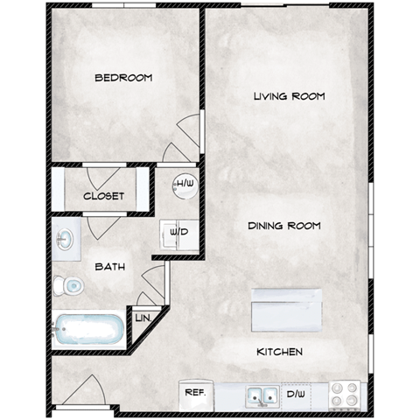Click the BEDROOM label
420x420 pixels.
point(123,78)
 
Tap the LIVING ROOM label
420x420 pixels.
point(290,96)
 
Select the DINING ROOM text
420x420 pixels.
point(283,226)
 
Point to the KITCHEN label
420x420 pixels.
point(280,352)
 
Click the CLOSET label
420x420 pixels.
point(104,196)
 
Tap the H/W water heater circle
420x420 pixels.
point(184,185)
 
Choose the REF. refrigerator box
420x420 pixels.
point(194,394)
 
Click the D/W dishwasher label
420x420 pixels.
point(297,395)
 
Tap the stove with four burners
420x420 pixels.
point(344,394)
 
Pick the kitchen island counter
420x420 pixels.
point(287,308)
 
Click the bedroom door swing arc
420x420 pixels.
point(181,140)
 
